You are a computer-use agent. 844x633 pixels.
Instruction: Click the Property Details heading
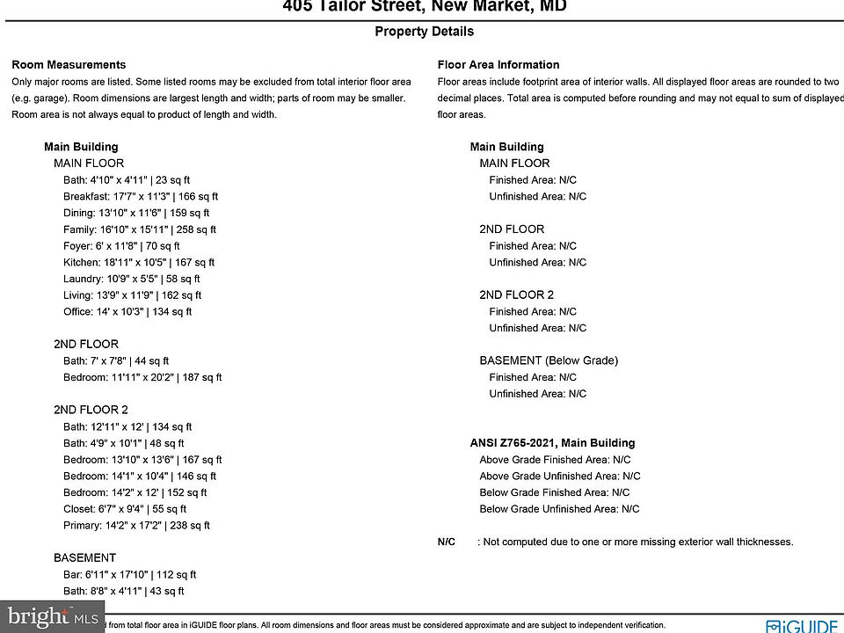click(424, 32)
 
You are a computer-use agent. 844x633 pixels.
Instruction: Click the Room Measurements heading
click(69, 65)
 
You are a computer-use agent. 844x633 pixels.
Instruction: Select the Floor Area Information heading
click(498, 65)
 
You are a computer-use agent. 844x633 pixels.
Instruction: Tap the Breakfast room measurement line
click(141, 197)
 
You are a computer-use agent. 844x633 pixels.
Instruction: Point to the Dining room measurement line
click(136, 213)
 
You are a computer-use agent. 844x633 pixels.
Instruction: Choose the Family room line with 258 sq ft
click(140, 229)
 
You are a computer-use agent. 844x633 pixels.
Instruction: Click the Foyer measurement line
click(121, 246)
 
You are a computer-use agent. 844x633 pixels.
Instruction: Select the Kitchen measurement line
click(139, 262)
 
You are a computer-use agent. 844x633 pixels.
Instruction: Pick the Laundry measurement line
click(132, 279)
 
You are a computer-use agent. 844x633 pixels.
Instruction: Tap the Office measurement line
click(127, 311)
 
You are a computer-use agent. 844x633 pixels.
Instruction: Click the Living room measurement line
click(132, 295)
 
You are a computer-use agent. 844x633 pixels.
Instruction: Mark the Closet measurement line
click(125, 508)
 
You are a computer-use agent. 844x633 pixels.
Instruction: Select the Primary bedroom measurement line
click(136, 526)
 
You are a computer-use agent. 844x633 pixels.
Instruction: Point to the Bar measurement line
click(129, 575)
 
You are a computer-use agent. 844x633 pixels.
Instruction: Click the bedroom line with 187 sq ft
click(142, 377)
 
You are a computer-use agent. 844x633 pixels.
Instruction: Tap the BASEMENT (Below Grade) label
click(549, 360)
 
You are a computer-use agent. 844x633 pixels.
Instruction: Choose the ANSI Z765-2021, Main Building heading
click(552, 443)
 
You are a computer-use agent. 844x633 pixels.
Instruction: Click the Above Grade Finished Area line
click(555, 460)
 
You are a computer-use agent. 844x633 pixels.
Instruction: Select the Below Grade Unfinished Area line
click(559, 509)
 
